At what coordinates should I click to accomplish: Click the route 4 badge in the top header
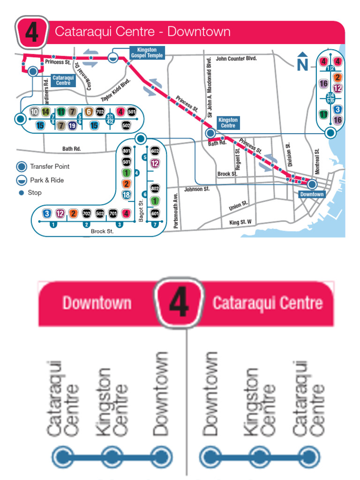31,32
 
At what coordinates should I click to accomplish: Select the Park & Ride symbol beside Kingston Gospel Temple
113,57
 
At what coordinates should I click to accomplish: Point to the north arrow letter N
302,64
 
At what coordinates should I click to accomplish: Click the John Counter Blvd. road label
237,59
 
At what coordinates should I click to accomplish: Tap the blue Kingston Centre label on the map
228,123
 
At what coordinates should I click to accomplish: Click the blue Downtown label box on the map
312,194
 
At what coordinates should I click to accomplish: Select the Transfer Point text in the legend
50,166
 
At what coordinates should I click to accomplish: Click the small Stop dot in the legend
21,193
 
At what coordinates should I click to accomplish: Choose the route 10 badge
34,112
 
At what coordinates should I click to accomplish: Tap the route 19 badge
72,126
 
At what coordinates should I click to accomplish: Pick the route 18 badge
126,195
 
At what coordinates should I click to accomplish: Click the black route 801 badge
126,151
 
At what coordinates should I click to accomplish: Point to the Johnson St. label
196,189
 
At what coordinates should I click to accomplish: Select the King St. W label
240,222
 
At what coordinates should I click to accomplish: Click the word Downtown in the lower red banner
97,303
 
